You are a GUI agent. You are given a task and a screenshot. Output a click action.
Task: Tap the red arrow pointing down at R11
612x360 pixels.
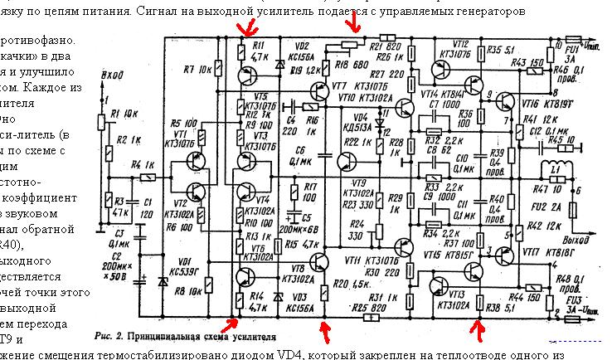pos(245,31)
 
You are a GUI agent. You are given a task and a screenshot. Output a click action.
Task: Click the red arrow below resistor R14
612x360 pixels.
pos(235,326)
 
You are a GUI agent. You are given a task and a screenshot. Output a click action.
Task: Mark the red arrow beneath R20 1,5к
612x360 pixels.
pos(323,332)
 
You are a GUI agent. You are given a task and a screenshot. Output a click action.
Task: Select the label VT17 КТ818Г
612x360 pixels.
pos(545,251)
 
